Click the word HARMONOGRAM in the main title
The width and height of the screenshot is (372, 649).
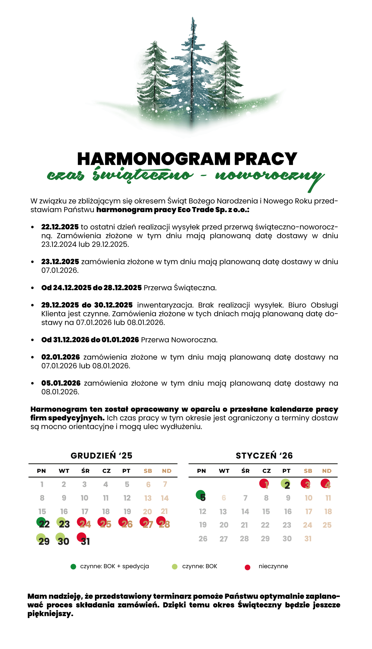click(x=154, y=159)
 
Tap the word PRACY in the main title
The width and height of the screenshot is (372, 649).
click(x=266, y=159)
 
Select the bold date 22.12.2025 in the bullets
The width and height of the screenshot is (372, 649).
click(x=60, y=227)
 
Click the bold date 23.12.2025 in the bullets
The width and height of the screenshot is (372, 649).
click(x=60, y=262)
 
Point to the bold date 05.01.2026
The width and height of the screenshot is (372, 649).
click(x=61, y=383)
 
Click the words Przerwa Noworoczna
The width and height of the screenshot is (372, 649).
click(x=179, y=340)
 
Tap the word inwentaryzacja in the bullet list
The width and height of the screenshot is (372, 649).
click(x=165, y=305)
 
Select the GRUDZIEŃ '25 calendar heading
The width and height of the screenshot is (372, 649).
click(x=102, y=456)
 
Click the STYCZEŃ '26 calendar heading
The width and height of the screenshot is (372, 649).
click(x=264, y=456)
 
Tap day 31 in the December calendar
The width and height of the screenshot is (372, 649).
click(x=85, y=541)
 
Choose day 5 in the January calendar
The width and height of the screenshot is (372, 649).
click(x=202, y=497)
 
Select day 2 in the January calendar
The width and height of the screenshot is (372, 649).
click(x=287, y=485)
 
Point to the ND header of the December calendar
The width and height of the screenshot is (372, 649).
click(x=167, y=471)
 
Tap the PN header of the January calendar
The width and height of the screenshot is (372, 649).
click(x=201, y=471)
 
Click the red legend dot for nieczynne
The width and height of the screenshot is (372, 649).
click(x=247, y=567)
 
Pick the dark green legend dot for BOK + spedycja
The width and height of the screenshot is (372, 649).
click(x=73, y=567)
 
